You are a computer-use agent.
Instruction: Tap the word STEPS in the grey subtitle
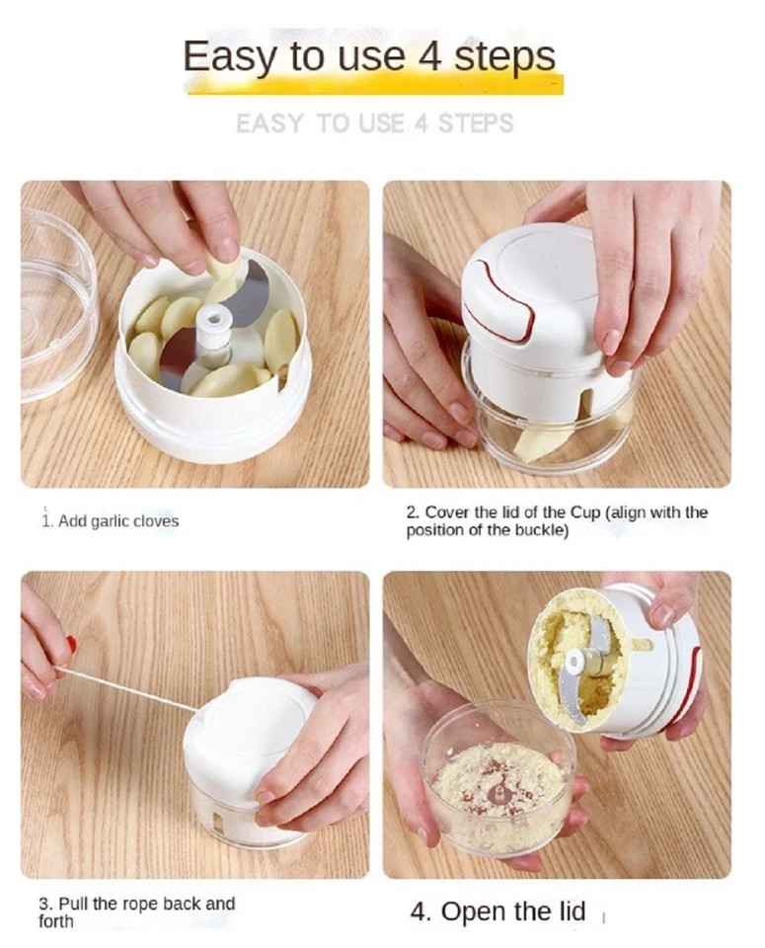coord(476,124)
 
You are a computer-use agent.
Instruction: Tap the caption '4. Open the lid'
coord(497,910)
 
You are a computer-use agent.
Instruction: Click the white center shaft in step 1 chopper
coord(212,331)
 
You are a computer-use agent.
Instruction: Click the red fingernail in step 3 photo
coord(71,645)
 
